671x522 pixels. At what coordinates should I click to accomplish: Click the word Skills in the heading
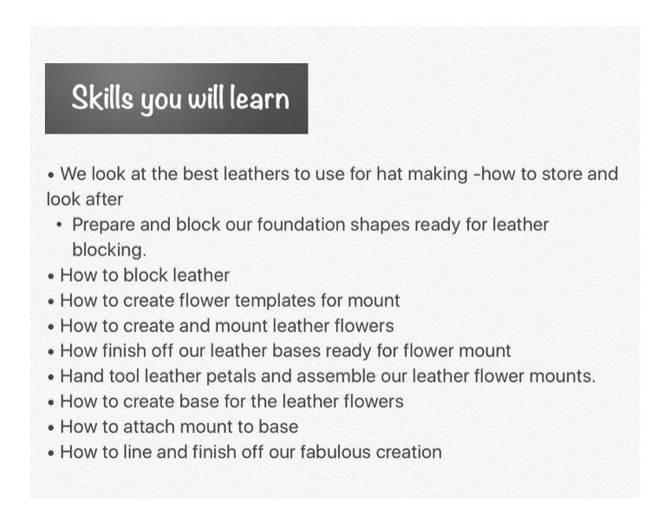102,98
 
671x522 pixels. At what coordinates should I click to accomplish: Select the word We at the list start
73,174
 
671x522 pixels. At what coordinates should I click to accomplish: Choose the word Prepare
103,225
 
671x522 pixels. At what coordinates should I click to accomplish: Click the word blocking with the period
109,251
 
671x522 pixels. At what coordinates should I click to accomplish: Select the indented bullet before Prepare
60,225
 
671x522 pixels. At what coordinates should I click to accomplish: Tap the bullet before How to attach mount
51,427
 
